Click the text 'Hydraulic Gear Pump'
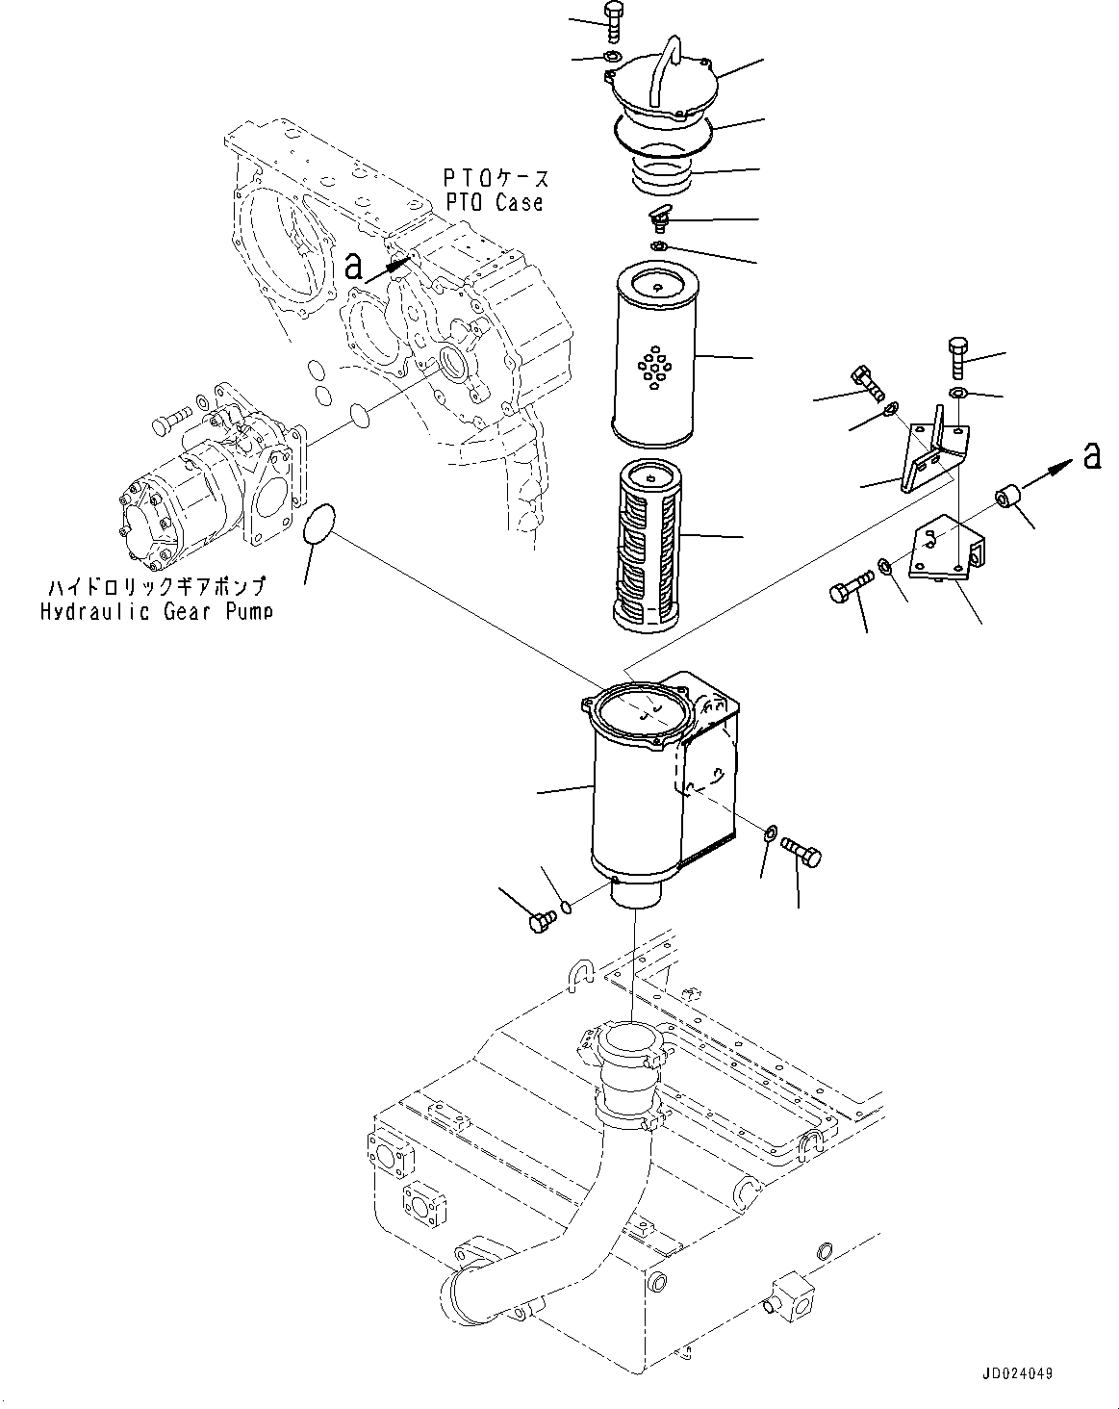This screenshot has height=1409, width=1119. pos(156,611)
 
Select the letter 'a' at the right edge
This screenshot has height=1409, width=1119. pos(1091,455)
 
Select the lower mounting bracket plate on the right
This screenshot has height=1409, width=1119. pos(945,553)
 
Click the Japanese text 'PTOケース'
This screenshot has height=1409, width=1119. pos(496,179)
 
